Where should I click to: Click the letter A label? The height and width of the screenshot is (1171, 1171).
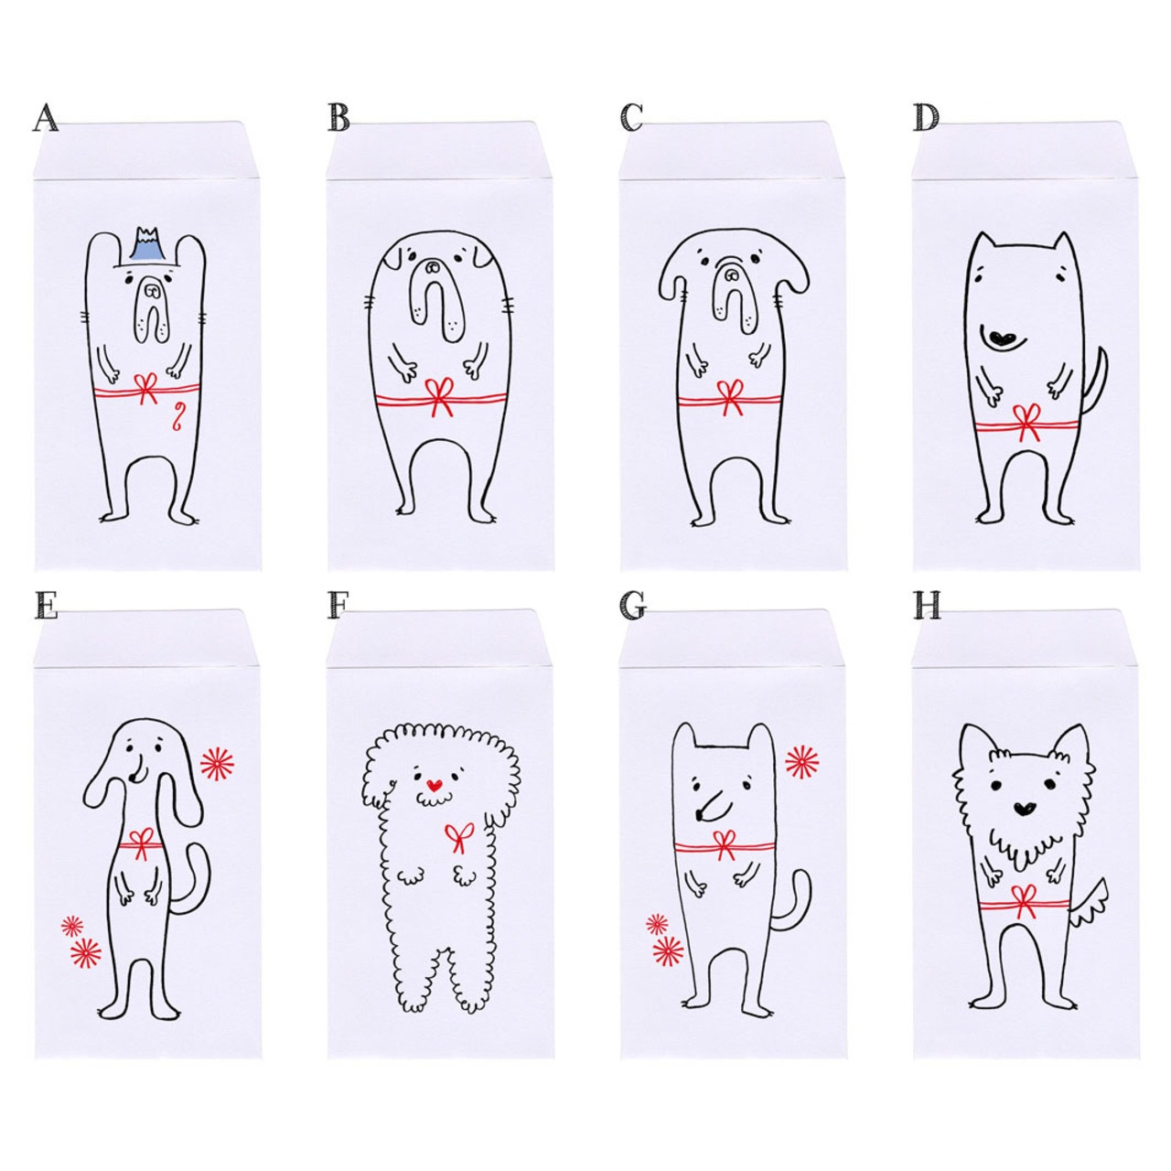[x=45, y=118]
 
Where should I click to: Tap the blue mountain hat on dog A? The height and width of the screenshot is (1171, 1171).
[x=145, y=245]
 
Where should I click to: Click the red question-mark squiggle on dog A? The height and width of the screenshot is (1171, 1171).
[x=177, y=418]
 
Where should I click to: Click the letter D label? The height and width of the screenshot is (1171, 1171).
[x=927, y=118]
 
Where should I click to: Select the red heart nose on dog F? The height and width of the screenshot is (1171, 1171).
[x=433, y=786]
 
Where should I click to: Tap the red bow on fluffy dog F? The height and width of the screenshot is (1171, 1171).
[x=460, y=837]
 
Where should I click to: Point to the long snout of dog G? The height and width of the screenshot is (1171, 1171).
[x=711, y=803]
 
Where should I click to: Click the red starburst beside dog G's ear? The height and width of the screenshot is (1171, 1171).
[x=802, y=761]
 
